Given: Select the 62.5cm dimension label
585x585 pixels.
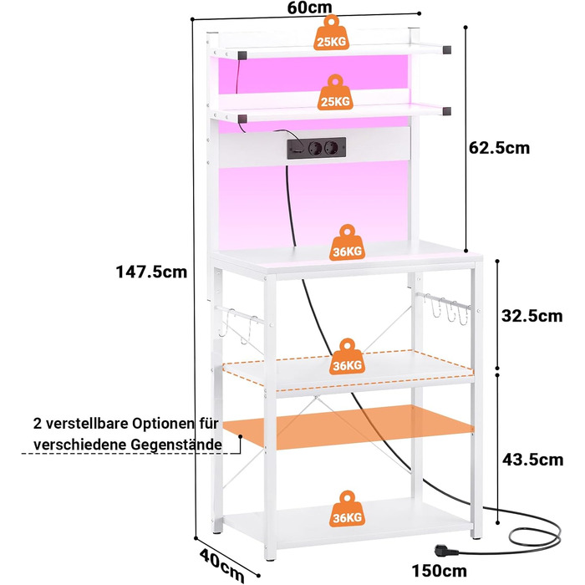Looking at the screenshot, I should (499, 148).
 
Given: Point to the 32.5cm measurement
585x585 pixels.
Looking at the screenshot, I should (532, 315).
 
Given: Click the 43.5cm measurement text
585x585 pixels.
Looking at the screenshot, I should (532, 459).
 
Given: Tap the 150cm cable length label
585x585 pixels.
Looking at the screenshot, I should (439, 572).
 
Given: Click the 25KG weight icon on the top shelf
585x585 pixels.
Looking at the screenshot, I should (332, 34).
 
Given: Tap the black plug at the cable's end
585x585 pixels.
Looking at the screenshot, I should (443, 548).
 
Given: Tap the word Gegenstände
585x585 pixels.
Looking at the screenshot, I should (178, 444).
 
